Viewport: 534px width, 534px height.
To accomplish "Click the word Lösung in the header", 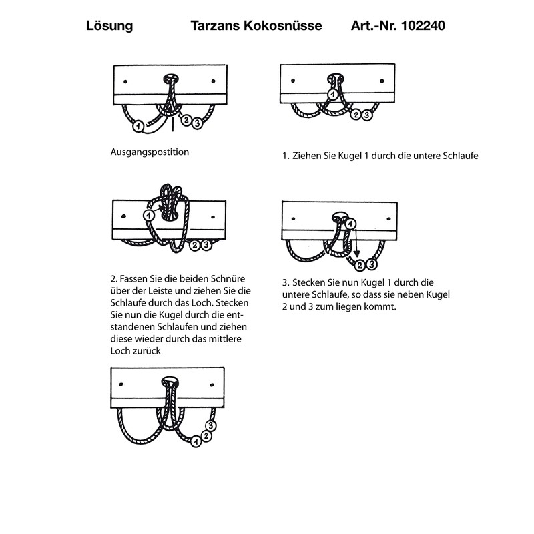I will pos(109,27).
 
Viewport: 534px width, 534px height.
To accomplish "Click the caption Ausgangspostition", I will pos(150,152).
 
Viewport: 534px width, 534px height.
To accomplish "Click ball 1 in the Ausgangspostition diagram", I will pos(138,125).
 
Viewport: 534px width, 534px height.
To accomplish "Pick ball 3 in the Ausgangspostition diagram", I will pos(199,123).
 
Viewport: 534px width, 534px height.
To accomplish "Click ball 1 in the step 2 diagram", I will pos(148,215).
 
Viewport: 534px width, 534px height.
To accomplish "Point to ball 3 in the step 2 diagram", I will pos(206,245).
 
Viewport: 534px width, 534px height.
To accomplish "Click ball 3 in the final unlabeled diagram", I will pos(211,425).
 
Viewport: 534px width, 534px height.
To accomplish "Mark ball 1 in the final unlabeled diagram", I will pos(196,441).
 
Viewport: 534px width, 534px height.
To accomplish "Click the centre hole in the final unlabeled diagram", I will pos(170,382).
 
